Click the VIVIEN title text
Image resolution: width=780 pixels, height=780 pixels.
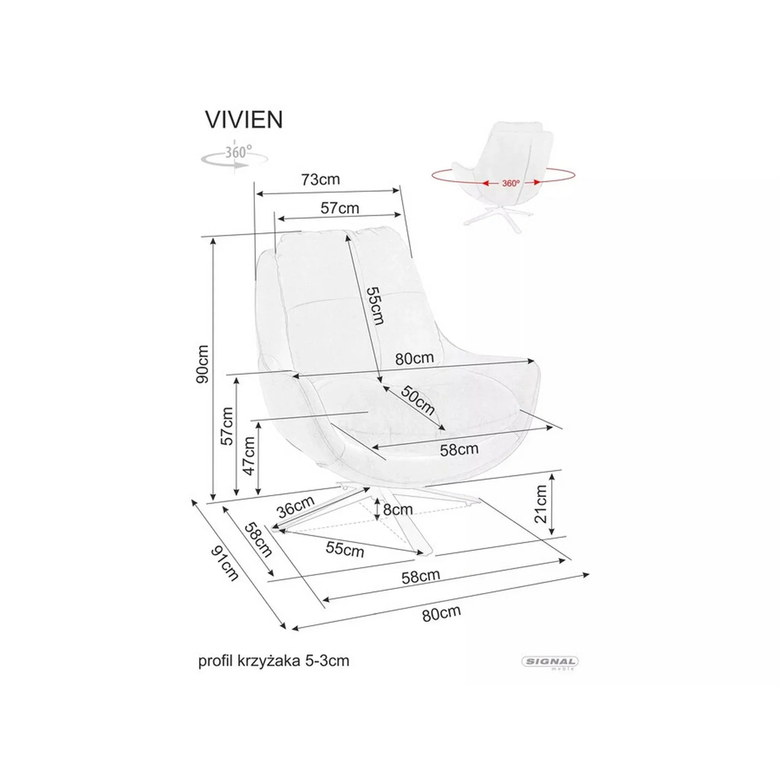(x=244, y=119)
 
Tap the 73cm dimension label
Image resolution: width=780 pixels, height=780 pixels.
(x=321, y=179)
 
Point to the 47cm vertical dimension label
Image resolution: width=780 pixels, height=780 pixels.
(x=249, y=456)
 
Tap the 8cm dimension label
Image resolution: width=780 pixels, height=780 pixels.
(x=397, y=510)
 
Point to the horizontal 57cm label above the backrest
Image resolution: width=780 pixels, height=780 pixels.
(x=340, y=208)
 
